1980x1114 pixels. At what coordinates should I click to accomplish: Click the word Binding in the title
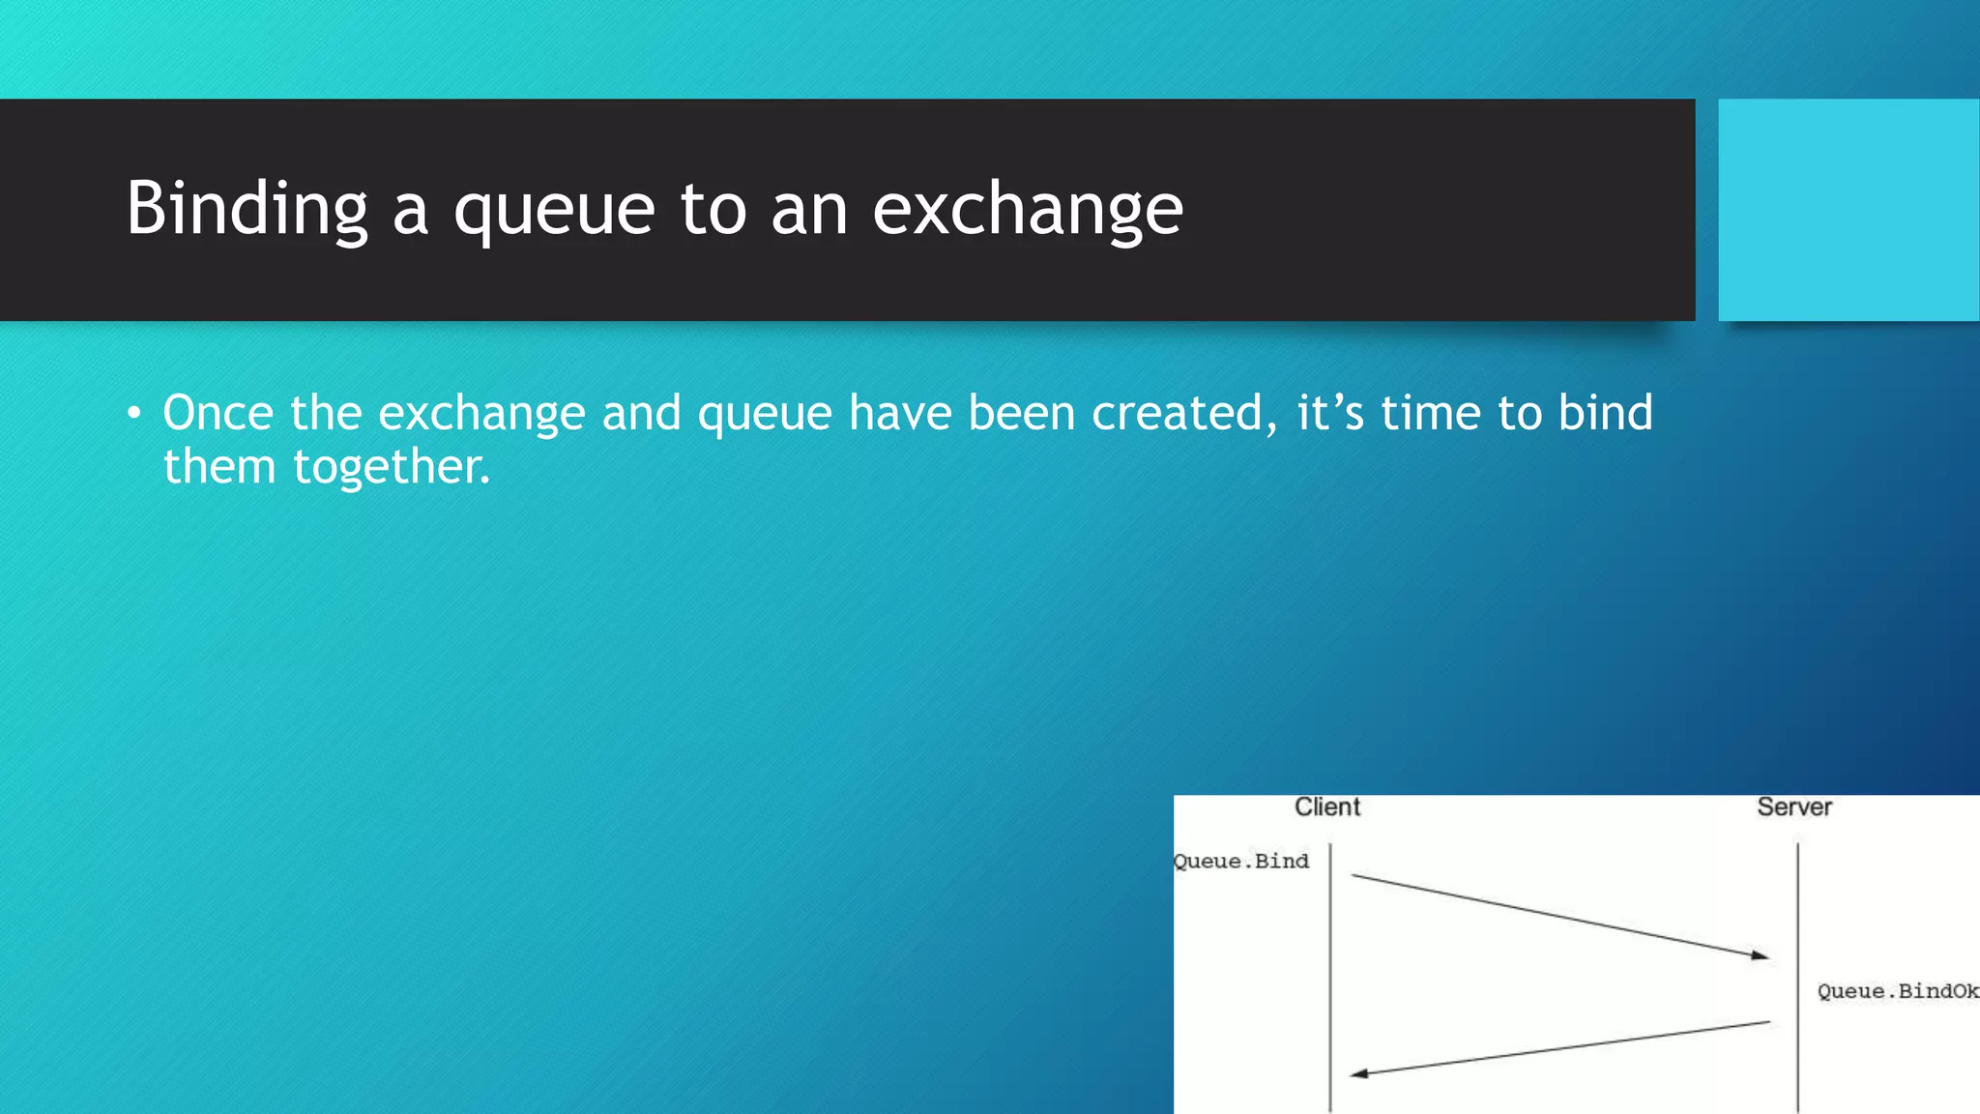coord(247,209)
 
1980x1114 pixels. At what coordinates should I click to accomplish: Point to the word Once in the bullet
coord(218,413)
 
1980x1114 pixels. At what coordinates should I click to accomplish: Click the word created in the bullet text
coord(1177,413)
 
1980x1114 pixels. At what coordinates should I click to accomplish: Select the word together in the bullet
coord(392,468)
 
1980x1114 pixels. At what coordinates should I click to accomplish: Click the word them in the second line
coord(219,467)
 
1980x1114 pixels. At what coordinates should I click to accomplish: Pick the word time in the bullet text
coord(1430,413)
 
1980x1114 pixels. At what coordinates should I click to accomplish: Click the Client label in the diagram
coord(1326,806)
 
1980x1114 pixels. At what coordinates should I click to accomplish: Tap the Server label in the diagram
coord(1793,806)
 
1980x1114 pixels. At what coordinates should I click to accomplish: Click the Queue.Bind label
coord(1241,861)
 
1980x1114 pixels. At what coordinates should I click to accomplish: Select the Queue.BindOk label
coord(1897,991)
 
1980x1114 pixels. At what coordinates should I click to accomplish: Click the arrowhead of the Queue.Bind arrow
coord(1762,955)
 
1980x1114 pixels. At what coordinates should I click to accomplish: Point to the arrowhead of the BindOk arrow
coord(1358,1073)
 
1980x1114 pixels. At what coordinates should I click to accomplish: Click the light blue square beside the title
coord(1849,210)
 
